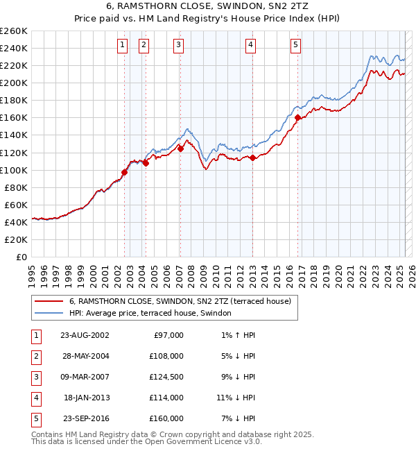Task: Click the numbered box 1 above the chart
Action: (x=122, y=46)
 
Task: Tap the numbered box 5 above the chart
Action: (x=295, y=46)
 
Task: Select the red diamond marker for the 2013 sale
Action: (x=253, y=158)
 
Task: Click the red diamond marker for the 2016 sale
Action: (x=297, y=118)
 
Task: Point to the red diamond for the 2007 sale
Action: (x=180, y=148)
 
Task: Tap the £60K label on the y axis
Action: (x=16, y=205)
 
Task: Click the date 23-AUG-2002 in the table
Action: (x=85, y=335)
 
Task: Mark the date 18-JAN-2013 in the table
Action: (x=86, y=398)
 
